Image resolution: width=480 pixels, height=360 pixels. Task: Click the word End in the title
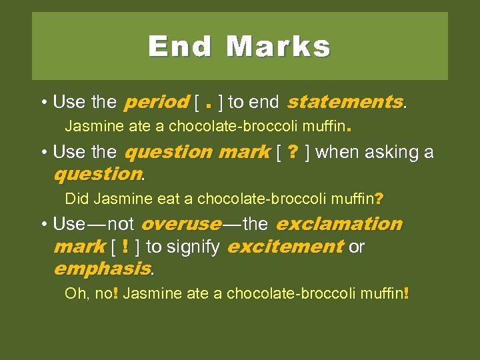click(180, 47)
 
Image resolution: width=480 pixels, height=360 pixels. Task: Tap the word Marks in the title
click(278, 47)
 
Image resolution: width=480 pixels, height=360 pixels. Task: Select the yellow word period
click(156, 103)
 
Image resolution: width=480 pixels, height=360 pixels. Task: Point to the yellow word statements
click(344, 102)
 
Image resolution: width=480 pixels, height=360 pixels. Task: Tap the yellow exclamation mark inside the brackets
click(126, 247)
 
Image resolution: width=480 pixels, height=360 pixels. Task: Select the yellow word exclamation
click(339, 224)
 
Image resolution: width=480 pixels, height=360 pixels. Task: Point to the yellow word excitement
click(285, 247)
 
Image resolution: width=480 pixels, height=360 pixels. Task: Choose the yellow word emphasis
click(101, 269)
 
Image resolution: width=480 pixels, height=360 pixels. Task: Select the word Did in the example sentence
click(77, 199)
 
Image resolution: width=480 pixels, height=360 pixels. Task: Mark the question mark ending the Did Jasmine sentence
click(379, 199)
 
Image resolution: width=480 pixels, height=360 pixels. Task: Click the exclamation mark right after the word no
click(115, 293)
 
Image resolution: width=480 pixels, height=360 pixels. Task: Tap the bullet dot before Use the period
click(43, 103)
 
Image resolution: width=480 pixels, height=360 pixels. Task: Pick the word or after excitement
click(357, 247)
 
